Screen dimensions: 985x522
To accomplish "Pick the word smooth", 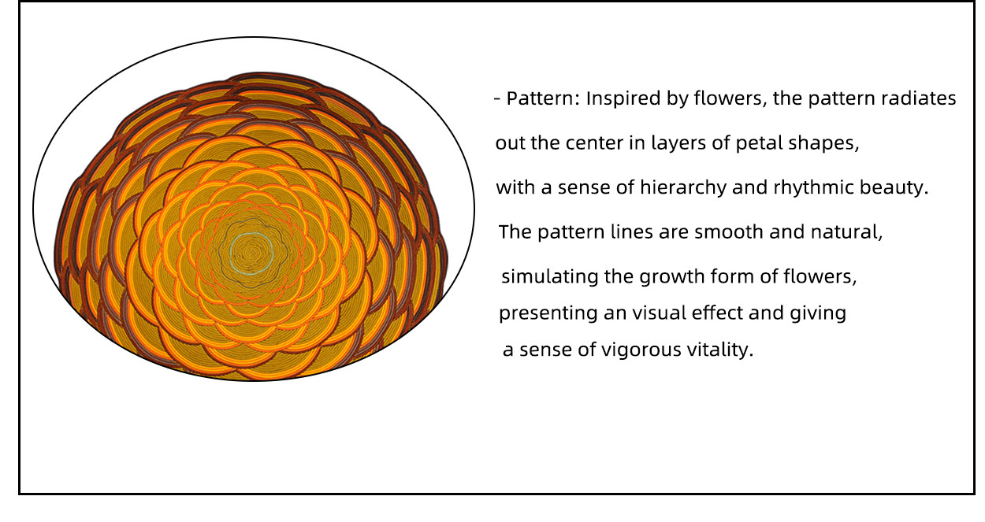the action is (x=728, y=232).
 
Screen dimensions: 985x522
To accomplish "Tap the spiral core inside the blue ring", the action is (x=252, y=254).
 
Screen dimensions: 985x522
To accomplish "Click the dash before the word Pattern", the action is (x=497, y=100).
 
